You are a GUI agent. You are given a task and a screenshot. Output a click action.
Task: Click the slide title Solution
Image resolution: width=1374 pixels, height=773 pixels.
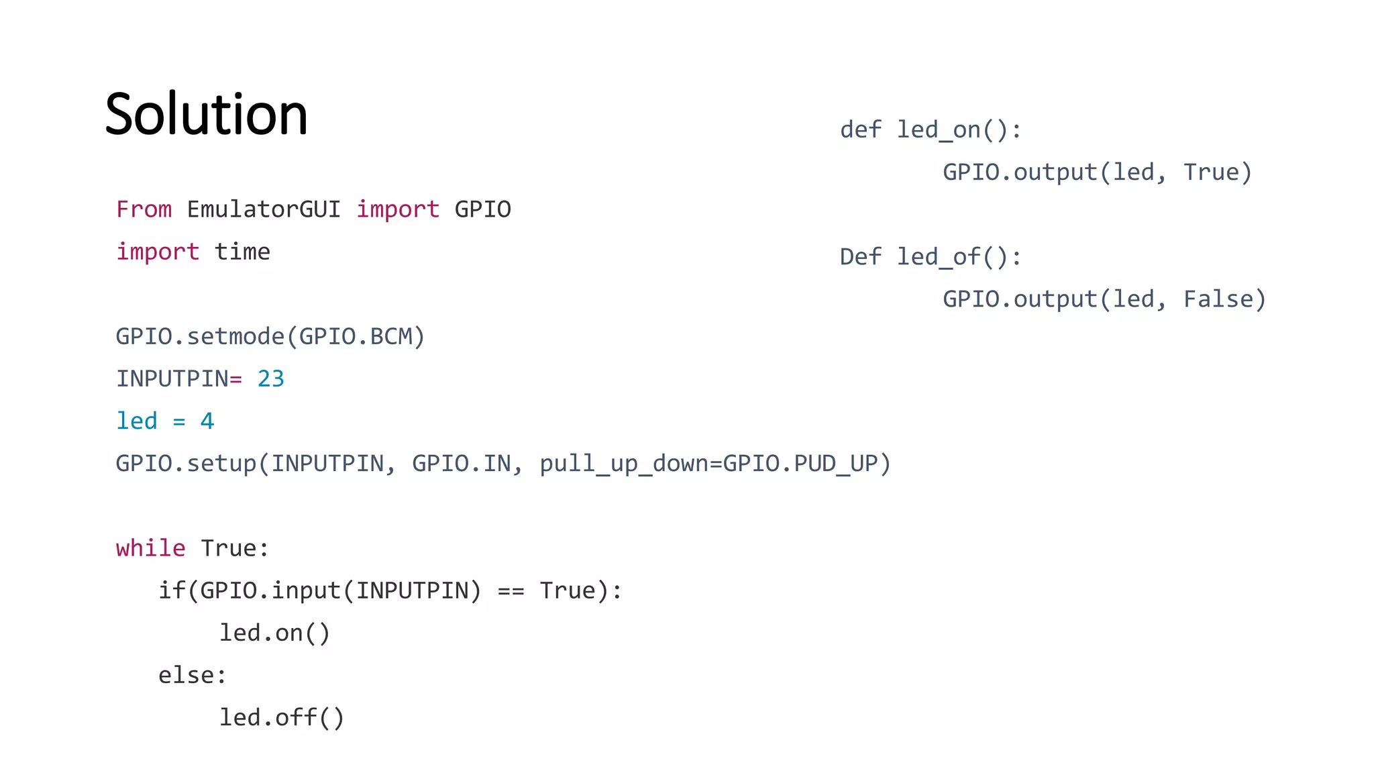pyautogui.click(x=206, y=114)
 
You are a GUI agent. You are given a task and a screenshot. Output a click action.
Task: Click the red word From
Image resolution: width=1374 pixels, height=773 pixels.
pyautogui.click(x=144, y=209)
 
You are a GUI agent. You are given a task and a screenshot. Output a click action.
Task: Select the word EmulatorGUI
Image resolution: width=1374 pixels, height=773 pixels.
pyautogui.click(x=264, y=209)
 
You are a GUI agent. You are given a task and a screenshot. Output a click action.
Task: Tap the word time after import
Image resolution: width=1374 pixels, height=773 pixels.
pyautogui.click(x=242, y=252)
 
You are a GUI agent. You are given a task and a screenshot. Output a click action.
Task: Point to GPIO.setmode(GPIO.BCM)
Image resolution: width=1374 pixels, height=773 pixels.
pyautogui.click(x=270, y=336)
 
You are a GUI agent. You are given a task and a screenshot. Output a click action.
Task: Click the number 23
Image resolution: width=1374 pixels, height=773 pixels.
pyautogui.click(x=271, y=379)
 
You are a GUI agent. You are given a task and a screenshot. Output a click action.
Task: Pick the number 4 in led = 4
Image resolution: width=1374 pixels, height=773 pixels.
pyautogui.click(x=207, y=421)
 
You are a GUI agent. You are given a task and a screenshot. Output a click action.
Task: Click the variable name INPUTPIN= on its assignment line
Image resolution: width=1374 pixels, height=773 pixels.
pyautogui.click(x=178, y=379)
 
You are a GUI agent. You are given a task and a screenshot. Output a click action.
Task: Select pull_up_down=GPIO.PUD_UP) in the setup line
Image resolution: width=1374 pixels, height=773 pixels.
pyautogui.click(x=715, y=464)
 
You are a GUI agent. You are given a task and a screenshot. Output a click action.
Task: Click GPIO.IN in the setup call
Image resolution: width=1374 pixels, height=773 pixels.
pyautogui.click(x=461, y=464)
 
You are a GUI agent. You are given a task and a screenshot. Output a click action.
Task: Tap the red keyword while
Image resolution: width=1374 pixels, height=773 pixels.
pyautogui.click(x=150, y=548)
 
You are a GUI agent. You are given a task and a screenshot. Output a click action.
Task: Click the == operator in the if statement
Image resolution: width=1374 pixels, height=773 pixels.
pyautogui.click(x=511, y=591)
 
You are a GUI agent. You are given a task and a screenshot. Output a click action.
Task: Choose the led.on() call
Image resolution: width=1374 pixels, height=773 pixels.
pyautogui.click(x=275, y=633)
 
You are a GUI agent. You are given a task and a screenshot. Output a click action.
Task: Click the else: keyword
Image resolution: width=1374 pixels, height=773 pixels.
pyautogui.click(x=193, y=676)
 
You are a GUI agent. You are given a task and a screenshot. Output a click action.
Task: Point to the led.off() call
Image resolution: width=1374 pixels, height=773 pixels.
pyautogui.click(x=282, y=718)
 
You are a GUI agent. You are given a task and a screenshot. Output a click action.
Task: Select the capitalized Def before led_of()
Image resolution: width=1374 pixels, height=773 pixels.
pyautogui.click(x=861, y=257)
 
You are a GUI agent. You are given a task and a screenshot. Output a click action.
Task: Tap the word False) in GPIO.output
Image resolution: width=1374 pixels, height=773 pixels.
pyautogui.click(x=1224, y=299)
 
